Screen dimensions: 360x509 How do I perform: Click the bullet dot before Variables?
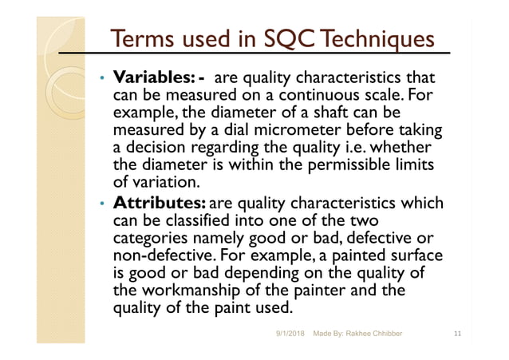click(x=101, y=79)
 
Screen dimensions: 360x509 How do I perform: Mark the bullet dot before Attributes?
click(x=101, y=203)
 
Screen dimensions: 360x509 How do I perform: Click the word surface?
click(x=413, y=255)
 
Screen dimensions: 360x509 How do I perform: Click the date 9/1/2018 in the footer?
click(x=289, y=330)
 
